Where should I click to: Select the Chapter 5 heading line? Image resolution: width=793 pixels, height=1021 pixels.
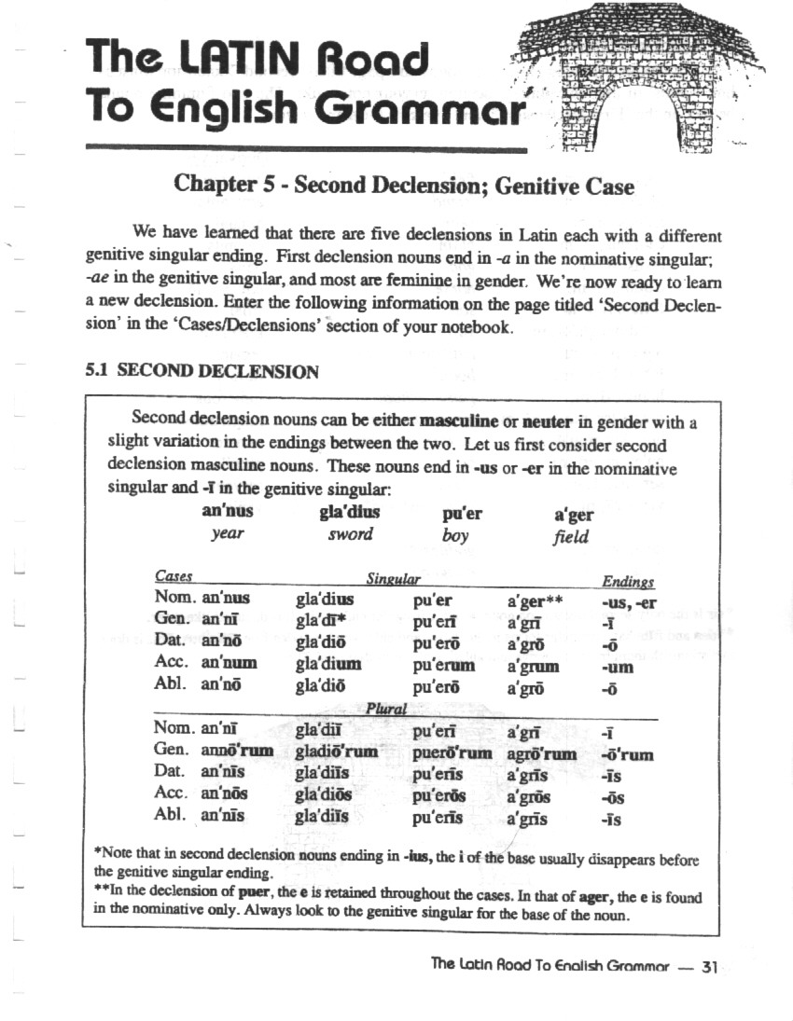pyautogui.click(x=404, y=186)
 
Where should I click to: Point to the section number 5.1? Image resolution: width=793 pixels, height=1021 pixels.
pyautogui.click(x=98, y=371)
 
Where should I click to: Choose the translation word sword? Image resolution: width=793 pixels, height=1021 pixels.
pyautogui.click(x=350, y=534)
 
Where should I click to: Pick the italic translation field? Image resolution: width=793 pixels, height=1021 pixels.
pyautogui.click(x=571, y=536)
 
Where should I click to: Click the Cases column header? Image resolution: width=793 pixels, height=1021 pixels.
pyautogui.click(x=174, y=578)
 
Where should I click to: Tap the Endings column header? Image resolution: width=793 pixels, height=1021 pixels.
pyautogui.click(x=628, y=581)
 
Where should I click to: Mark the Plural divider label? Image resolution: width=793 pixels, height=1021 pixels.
pyautogui.click(x=387, y=709)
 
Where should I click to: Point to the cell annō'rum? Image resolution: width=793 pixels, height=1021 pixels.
pyautogui.click(x=238, y=752)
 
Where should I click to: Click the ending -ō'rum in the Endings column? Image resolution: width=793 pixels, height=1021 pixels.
pyautogui.click(x=629, y=753)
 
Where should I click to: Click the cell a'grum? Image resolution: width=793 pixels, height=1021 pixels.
pyautogui.click(x=533, y=666)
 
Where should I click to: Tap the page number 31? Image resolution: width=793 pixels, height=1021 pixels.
pyautogui.click(x=708, y=966)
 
